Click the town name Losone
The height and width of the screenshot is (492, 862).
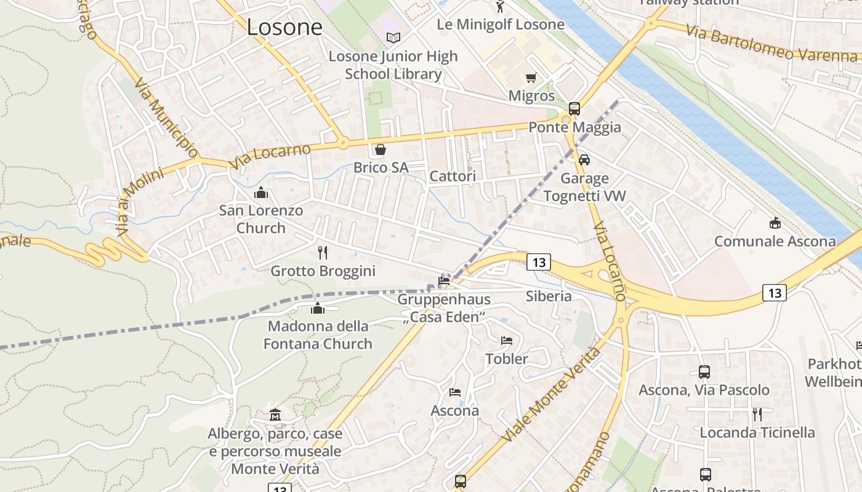pyautogui.click(x=284, y=27)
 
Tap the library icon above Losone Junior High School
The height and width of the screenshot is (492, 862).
pyautogui.click(x=393, y=38)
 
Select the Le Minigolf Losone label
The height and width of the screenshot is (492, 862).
pyautogui.click(x=500, y=25)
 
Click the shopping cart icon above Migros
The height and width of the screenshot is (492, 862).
pyautogui.click(x=531, y=77)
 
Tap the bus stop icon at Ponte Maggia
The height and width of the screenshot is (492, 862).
pyautogui.click(x=574, y=109)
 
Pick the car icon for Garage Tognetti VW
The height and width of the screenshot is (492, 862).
pyautogui.click(x=584, y=160)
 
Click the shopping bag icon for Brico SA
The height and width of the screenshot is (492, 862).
pyautogui.click(x=381, y=149)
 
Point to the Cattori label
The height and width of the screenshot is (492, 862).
pyautogui.click(x=453, y=177)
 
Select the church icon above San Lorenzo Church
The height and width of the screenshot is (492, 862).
pyautogui.click(x=261, y=192)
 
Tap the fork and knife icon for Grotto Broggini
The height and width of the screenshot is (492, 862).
pyautogui.click(x=323, y=252)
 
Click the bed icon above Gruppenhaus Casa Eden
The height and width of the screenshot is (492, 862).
pyautogui.click(x=443, y=281)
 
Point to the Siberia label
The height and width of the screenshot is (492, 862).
pyautogui.click(x=549, y=296)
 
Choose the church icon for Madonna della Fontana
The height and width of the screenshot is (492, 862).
pyautogui.click(x=318, y=307)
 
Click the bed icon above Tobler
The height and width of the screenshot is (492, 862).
pyautogui.click(x=507, y=340)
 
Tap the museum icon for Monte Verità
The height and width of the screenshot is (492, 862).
pyautogui.click(x=275, y=415)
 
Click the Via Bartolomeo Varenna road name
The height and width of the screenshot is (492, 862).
pyautogui.click(x=771, y=43)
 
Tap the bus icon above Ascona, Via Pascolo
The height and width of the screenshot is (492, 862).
pyautogui.click(x=704, y=372)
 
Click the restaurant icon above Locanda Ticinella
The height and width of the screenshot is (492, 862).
pyautogui.click(x=757, y=414)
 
